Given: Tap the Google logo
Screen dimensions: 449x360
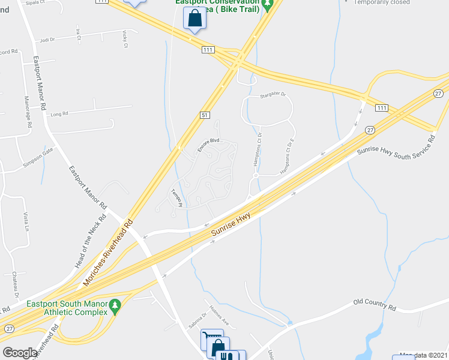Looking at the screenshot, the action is click(20, 353).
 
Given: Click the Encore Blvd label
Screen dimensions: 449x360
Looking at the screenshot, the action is click(206, 143).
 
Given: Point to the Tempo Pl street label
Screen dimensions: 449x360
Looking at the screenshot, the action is click(176, 199).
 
